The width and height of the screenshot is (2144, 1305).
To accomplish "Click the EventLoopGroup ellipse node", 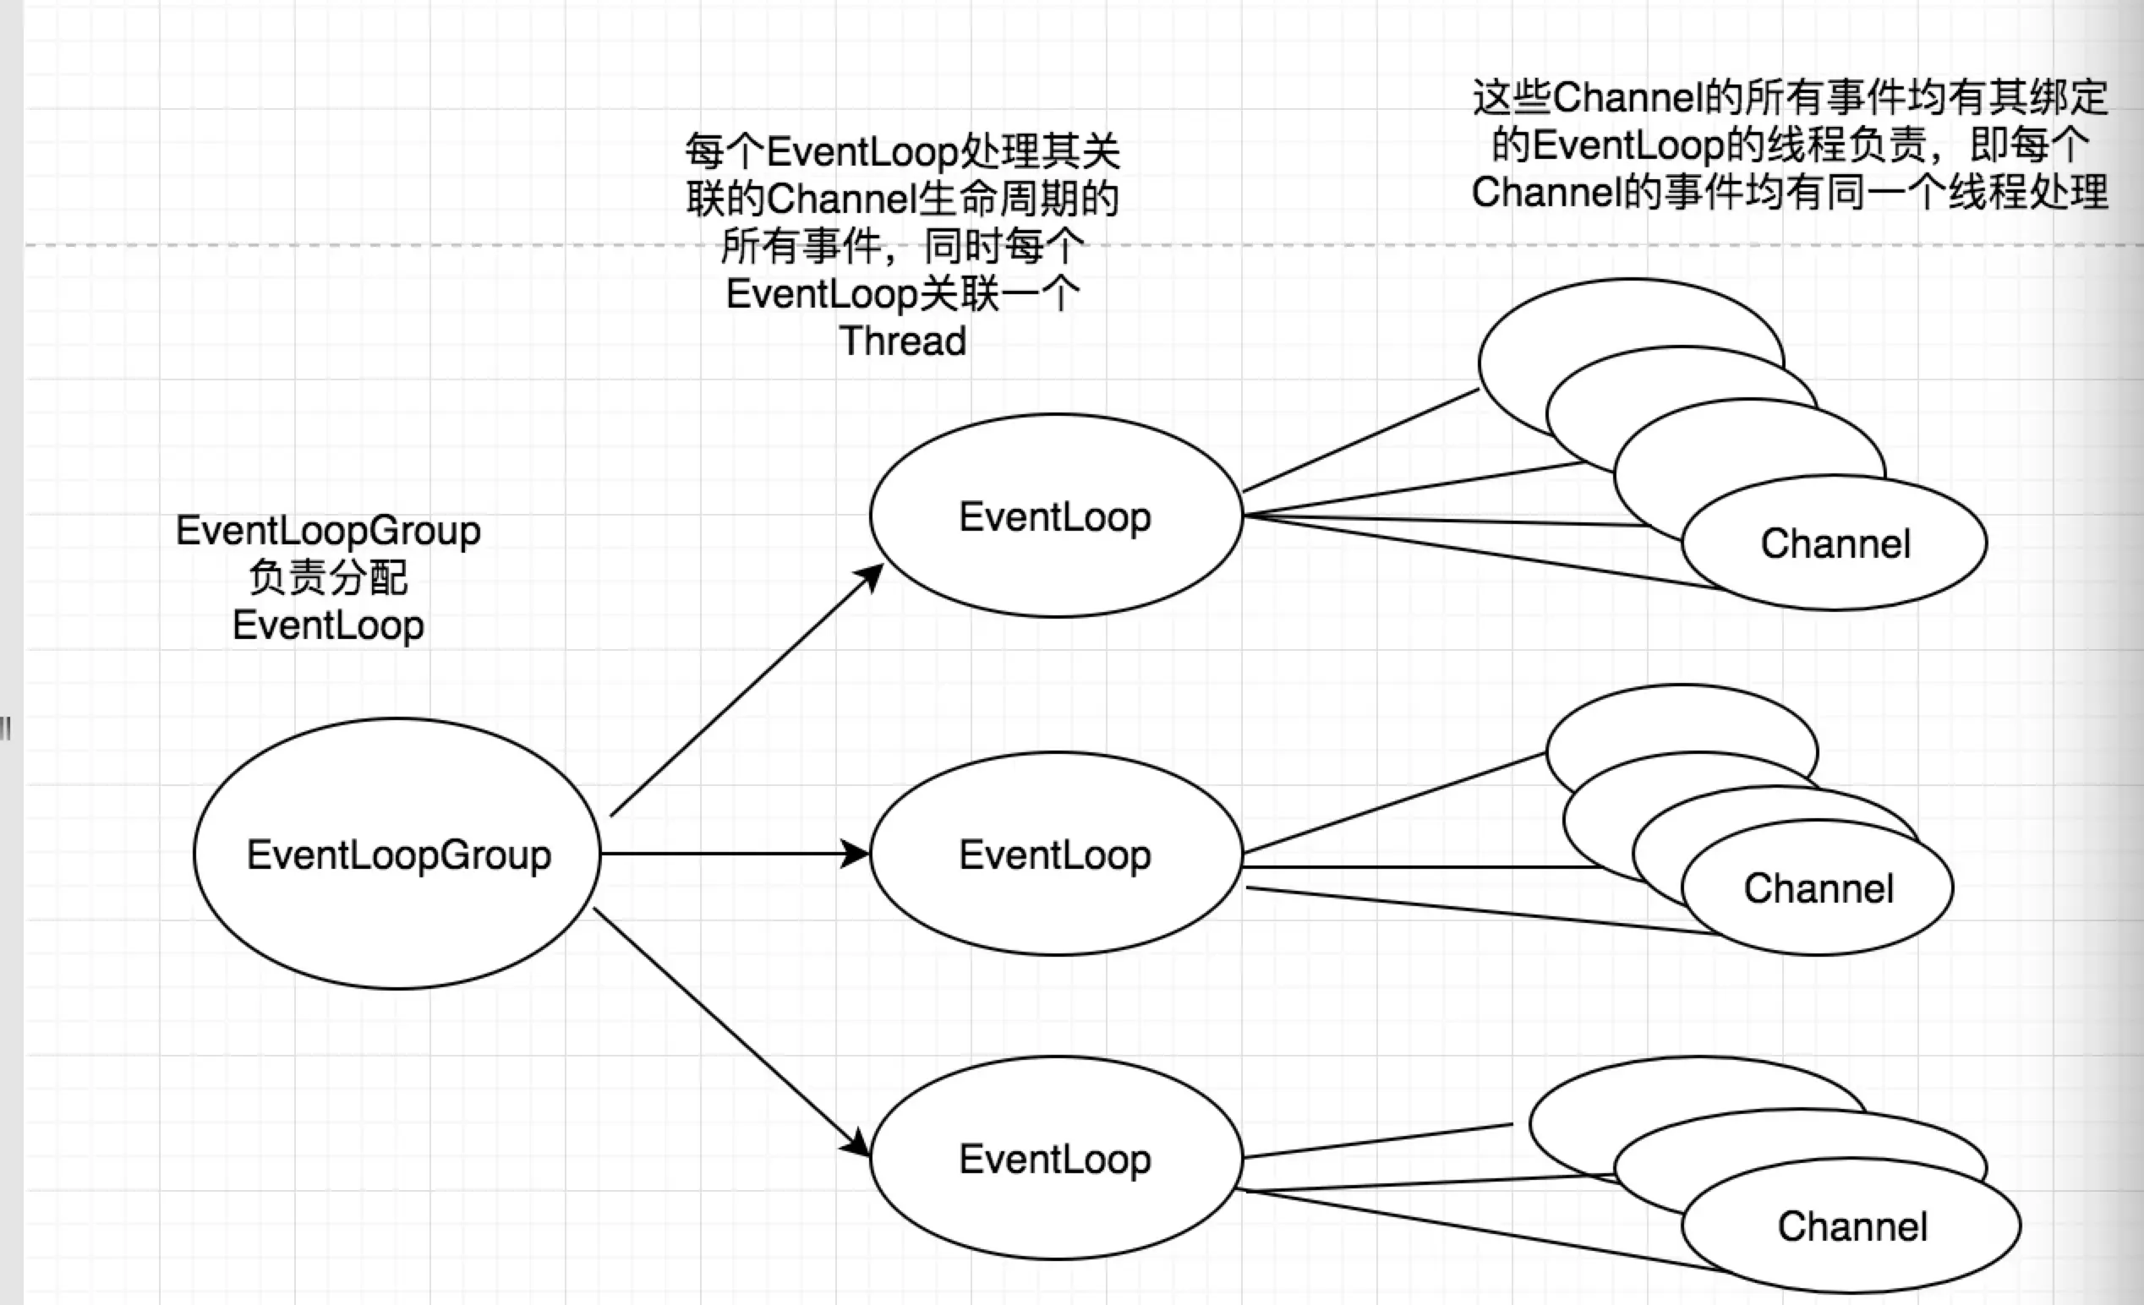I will pyautogui.click(x=397, y=854).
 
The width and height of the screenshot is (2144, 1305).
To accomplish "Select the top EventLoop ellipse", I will pyautogui.click(x=1055, y=516).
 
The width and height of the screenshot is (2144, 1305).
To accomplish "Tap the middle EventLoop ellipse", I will pyautogui.click(x=1055, y=854).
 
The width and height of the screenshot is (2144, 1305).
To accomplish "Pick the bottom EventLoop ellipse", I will pyautogui.click(x=1055, y=1158).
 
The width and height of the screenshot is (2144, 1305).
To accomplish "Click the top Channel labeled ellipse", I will pyautogui.click(x=1835, y=543).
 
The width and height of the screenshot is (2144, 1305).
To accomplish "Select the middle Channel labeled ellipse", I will pyautogui.click(x=1818, y=888).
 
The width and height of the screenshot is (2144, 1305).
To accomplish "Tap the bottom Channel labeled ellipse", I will pyautogui.click(x=1851, y=1226).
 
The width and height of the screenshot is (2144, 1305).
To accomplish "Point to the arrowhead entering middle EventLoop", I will pyautogui.click(x=856, y=854).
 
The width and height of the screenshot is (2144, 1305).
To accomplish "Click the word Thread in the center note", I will pyautogui.click(x=902, y=340).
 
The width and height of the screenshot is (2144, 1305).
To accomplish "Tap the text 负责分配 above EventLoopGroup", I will pyautogui.click(x=328, y=576).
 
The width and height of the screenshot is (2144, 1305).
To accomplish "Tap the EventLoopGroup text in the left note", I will pyautogui.click(x=328, y=530).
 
